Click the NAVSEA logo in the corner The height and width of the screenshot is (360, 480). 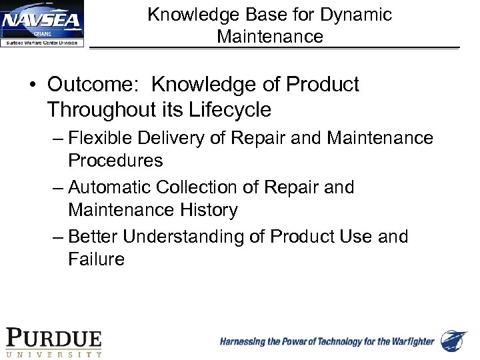coord(43,24)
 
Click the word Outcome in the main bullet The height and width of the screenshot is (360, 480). coord(94,85)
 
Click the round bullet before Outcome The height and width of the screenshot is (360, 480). coord(33,85)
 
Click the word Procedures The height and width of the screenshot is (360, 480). coord(115,161)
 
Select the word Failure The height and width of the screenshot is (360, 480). coord(96,259)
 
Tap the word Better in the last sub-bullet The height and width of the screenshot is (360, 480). coord(93,237)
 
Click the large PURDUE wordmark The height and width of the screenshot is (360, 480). coord(54,339)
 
